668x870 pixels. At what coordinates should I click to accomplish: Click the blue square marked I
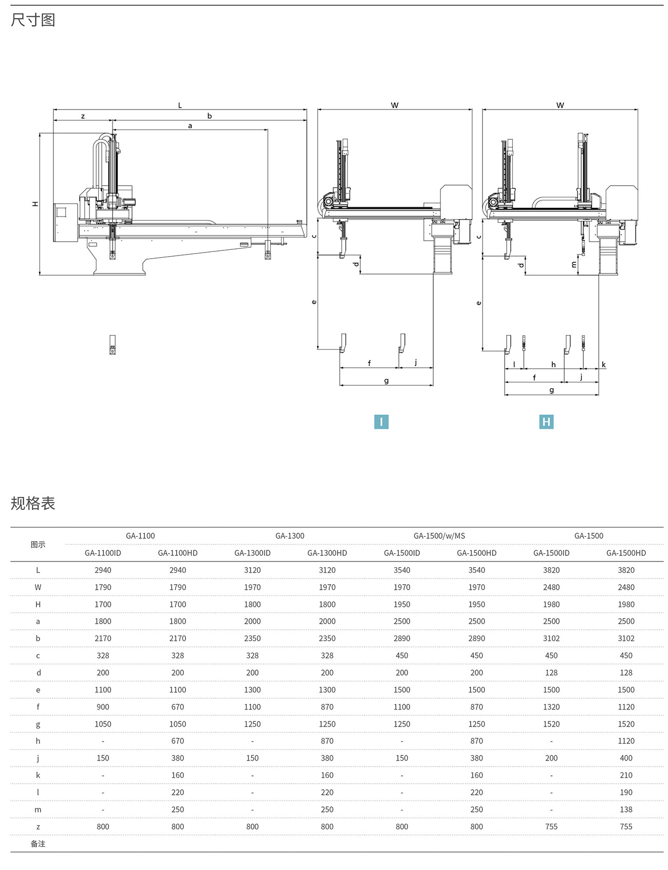(x=381, y=422)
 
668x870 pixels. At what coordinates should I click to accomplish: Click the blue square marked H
(x=546, y=422)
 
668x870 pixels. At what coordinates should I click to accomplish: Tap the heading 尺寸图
(x=33, y=20)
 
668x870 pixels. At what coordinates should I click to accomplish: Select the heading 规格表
(x=33, y=503)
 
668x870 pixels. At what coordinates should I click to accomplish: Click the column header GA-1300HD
(x=327, y=553)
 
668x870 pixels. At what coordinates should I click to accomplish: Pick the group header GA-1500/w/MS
(x=439, y=536)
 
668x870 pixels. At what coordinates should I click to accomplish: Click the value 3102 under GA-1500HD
(x=626, y=638)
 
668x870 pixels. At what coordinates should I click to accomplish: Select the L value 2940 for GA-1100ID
(x=103, y=570)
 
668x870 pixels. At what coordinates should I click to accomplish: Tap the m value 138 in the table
(x=626, y=809)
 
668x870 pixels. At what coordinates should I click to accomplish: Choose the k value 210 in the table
(x=626, y=775)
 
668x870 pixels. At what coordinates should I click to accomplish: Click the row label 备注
(x=38, y=844)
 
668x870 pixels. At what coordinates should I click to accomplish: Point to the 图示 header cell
(x=38, y=545)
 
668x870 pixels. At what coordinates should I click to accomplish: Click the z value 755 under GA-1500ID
(x=551, y=826)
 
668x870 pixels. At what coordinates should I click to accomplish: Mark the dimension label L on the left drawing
(x=180, y=105)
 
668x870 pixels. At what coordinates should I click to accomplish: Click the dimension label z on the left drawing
(x=83, y=116)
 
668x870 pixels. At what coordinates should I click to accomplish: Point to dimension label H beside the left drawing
(x=35, y=204)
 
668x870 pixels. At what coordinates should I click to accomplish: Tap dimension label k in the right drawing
(x=604, y=365)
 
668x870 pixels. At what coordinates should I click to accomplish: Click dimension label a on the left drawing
(x=190, y=125)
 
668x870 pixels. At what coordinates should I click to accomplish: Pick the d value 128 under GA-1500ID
(x=551, y=673)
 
